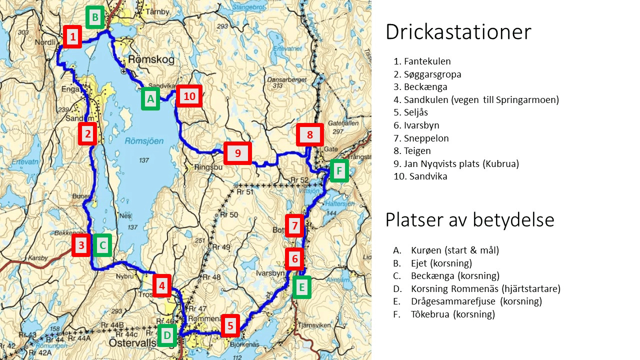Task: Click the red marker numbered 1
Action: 73,36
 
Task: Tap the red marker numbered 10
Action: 189,96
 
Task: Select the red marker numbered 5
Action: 230,326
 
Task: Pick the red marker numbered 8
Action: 310,134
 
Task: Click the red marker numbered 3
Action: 80,245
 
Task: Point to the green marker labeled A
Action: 150,98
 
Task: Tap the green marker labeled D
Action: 167,335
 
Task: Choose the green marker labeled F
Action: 339,171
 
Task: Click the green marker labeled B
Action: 94,18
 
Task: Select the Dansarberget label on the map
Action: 283,79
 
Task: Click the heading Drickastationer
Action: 458,32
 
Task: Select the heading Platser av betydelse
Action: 469,219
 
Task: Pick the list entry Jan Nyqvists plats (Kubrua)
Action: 461,163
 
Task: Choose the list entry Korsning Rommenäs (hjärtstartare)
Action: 485,288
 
